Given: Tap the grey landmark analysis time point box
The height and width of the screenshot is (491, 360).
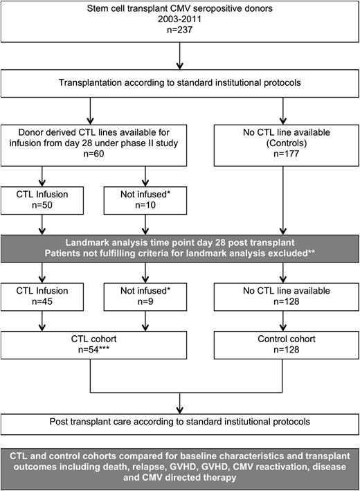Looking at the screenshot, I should pyautogui.click(x=179, y=247).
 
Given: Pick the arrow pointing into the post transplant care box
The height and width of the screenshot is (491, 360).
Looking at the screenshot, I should pyautogui.click(x=179, y=401).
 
